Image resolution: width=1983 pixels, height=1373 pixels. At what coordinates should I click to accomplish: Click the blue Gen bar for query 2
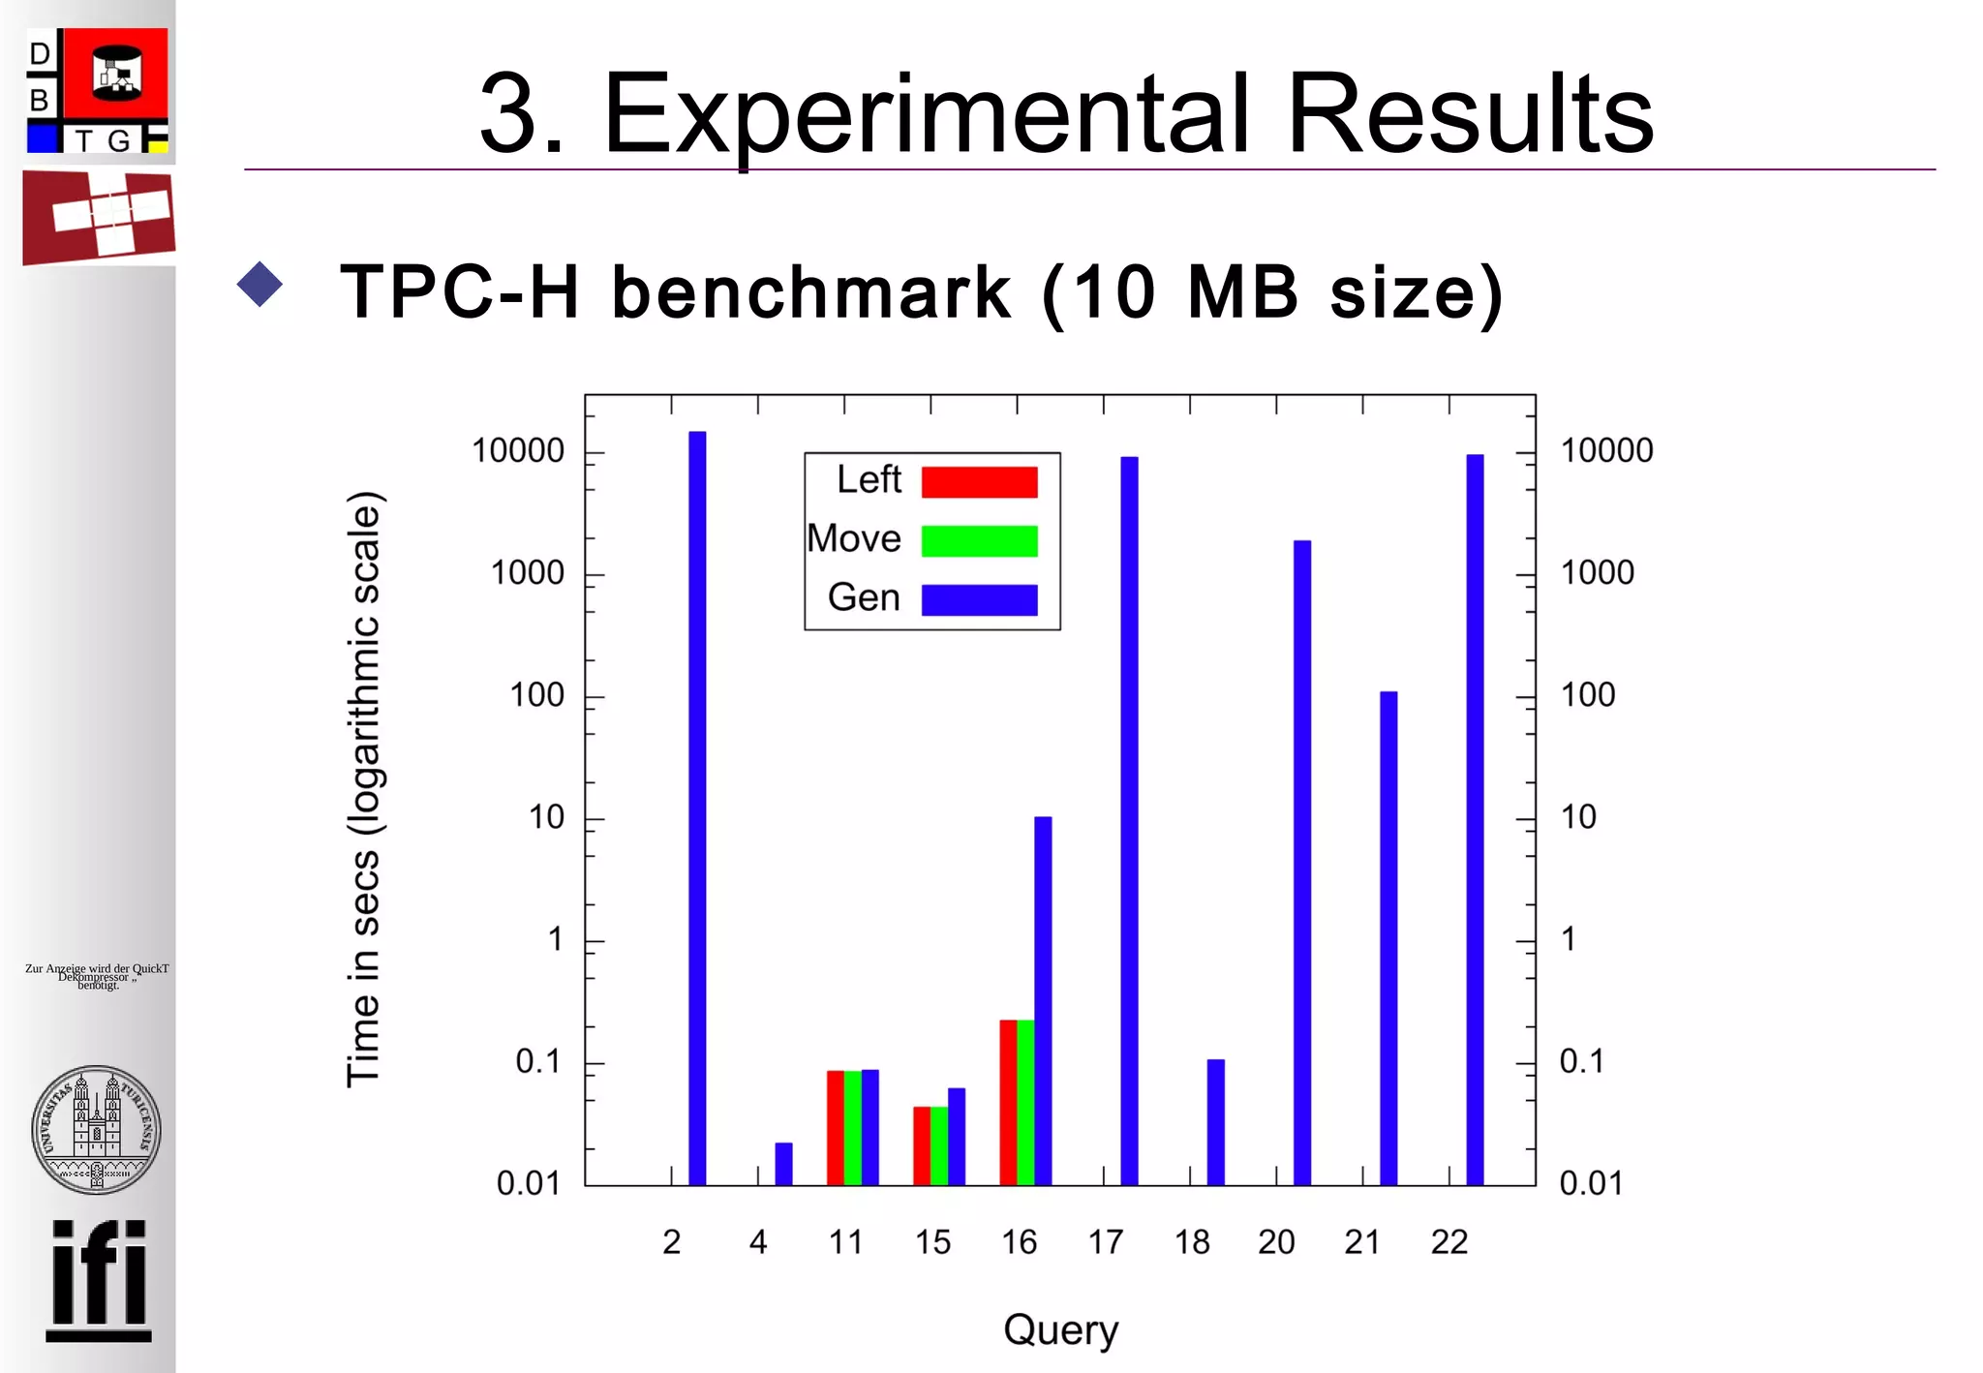pyautogui.click(x=697, y=809)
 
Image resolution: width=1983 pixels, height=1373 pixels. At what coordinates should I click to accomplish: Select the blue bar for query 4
pyautogui.click(x=783, y=1164)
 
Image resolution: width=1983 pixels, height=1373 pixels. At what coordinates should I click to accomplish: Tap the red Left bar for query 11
pyautogui.click(x=835, y=1127)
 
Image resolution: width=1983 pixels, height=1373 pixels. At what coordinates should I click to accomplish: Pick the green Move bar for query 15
pyautogui.click(x=939, y=1145)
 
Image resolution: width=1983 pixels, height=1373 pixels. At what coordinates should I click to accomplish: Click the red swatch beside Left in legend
pyautogui.click(x=979, y=481)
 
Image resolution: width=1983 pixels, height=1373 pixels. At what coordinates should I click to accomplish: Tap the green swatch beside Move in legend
pyautogui.click(x=979, y=540)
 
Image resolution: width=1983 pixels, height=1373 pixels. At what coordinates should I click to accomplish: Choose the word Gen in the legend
pyautogui.click(x=864, y=597)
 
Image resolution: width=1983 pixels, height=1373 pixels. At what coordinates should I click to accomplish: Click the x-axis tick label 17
pyautogui.click(x=1105, y=1241)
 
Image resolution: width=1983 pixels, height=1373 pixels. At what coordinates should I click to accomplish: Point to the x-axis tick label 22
pyautogui.click(x=1449, y=1241)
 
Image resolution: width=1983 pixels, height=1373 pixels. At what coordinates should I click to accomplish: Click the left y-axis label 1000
pyautogui.click(x=527, y=573)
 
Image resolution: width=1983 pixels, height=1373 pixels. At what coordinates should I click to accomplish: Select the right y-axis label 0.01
pyautogui.click(x=1590, y=1183)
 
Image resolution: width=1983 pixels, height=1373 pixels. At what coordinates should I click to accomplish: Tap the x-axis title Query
pyautogui.click(x=1060, y=1330)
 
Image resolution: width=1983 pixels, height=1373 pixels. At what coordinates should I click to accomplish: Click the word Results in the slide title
pyautogui.click(x=1469, y=114)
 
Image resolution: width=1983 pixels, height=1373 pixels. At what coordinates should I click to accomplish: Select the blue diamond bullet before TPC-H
pyautogui.click(x=259, y=285)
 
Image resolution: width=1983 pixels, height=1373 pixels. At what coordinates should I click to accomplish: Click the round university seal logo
pyautogui.click(x=96, y=1129)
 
